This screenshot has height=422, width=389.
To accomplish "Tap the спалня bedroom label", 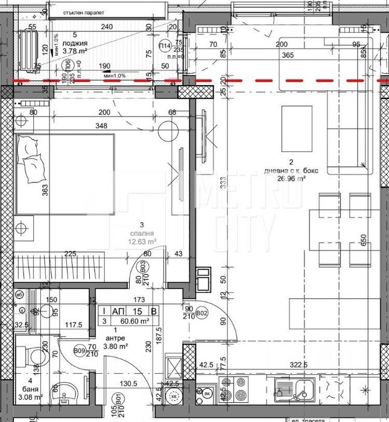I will (136, 232).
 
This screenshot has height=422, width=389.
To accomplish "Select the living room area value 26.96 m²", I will (291, 179).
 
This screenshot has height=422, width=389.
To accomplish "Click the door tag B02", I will (203, 313).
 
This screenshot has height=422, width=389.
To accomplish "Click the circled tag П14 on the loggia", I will (164, 46).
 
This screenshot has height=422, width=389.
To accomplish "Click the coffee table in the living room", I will (297, 128).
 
